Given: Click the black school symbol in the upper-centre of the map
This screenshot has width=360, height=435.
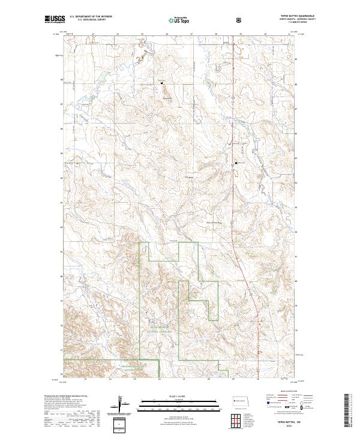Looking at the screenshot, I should coord(161,83).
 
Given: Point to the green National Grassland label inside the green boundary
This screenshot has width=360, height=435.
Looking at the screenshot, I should coord(162,331).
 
